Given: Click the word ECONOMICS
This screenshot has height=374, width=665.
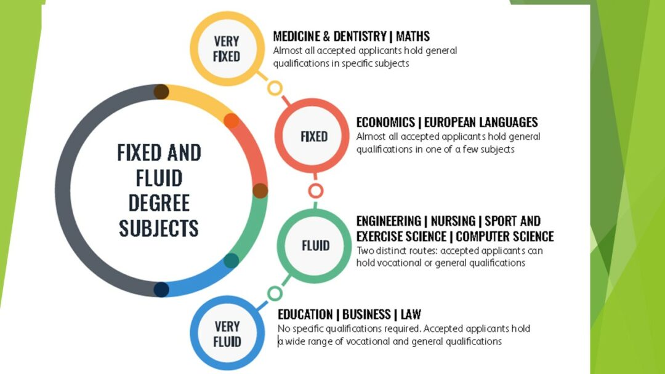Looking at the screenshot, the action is [x=385, y=122].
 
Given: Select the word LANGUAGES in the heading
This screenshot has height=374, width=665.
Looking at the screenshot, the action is [x=509, y=122].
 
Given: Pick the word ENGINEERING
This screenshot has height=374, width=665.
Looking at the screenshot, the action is [x=389, y=221].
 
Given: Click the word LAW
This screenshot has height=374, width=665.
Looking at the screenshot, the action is [x=411, y=315].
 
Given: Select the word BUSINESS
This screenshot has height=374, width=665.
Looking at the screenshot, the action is [x=366, y=315].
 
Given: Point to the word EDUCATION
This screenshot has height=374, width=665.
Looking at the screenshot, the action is [x=305, y=315].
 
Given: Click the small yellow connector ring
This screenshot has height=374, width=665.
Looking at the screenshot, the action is [x=275, y=81].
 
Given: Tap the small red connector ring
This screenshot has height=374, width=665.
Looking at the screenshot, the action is [x=315, y=184].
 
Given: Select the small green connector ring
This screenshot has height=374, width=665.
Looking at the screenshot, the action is [x=275, y=286].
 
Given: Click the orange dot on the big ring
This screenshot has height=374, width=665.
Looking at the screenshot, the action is [x=232, y=121].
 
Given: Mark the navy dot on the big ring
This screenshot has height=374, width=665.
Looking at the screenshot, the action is [x=161, y=290].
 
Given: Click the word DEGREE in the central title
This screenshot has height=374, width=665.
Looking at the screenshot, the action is [x=159, y=203].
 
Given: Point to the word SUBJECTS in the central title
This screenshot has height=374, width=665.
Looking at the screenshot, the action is [x=159, y=228].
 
